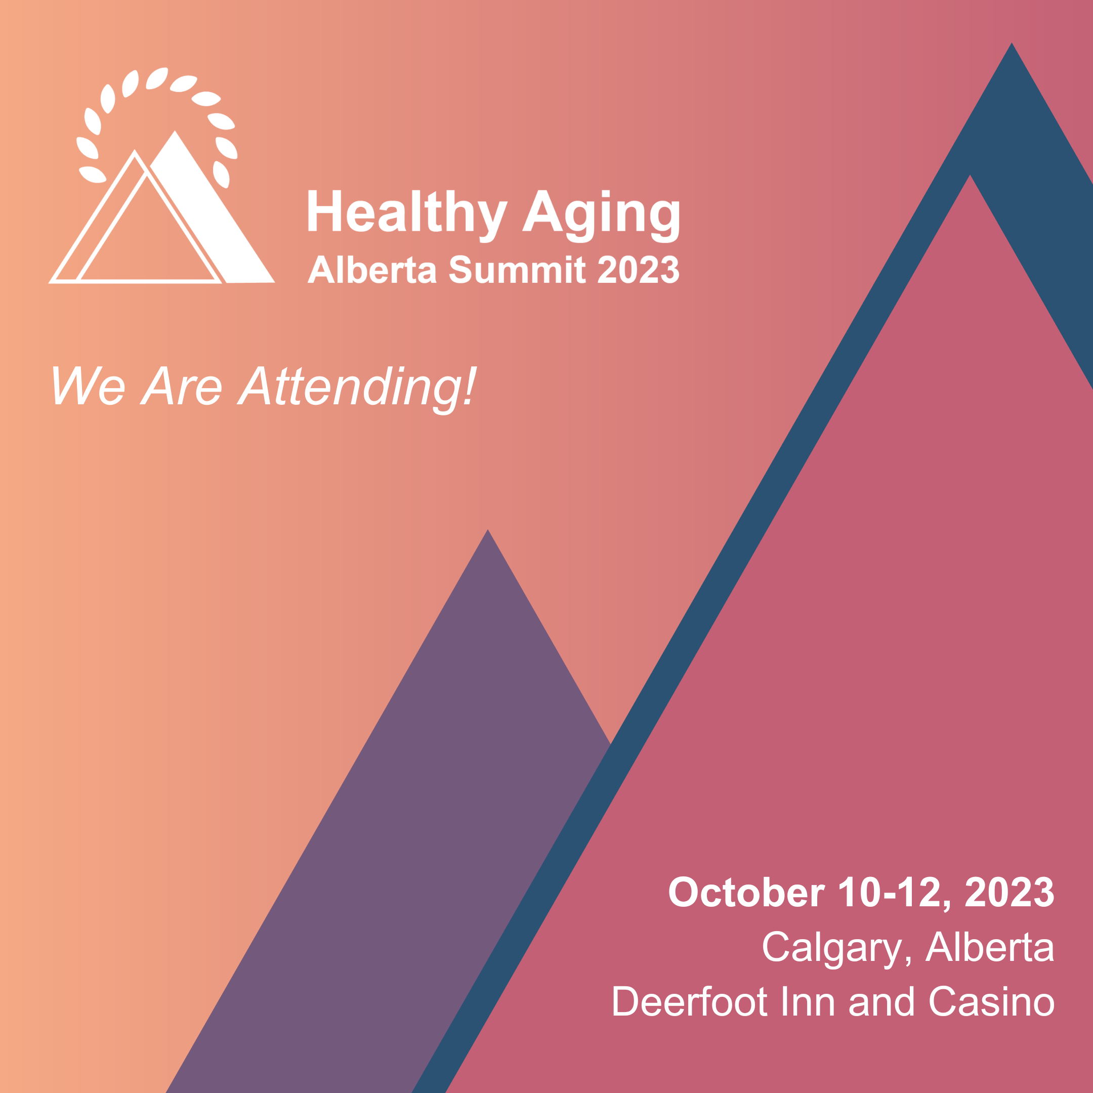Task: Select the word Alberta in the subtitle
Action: click(372, 269)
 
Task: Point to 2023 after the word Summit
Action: click(638, 269)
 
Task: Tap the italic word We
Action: click(88, 385)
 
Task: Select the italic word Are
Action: click(181, 385)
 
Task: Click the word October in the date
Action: click(746, 893)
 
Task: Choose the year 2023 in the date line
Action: click(1010, 893)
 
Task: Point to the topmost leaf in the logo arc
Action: click(157, 78)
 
